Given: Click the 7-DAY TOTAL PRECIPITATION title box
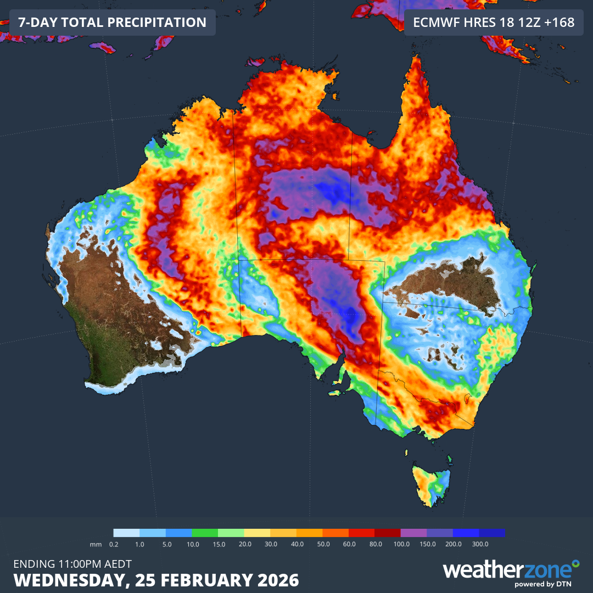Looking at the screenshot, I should coord(113,23).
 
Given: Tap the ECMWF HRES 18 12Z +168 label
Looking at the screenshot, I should coord(493,23).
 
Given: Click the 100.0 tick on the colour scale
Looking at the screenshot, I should coord(401,544).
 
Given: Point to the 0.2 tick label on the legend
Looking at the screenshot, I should coord(114,544).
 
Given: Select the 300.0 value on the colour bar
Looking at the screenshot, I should coord(480,544).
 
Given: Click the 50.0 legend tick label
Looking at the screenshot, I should coord(323,544).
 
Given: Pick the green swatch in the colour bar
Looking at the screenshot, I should coord(205,533).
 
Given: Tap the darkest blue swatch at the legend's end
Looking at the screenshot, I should coord(492,533).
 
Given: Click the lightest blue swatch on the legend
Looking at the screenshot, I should coord(126,533).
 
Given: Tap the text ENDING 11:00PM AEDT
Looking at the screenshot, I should coord(72,563).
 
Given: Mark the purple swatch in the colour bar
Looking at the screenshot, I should coord(413,533).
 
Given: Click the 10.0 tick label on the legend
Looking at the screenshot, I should coord(192,544).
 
